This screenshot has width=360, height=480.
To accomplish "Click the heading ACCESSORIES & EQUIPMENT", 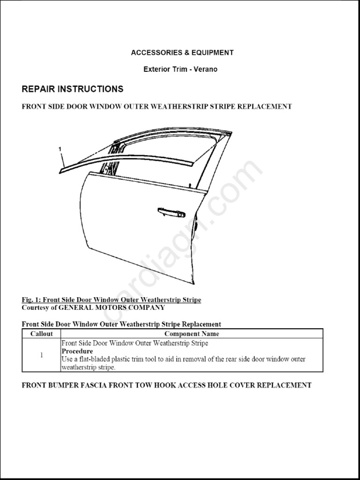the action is click(182, 52).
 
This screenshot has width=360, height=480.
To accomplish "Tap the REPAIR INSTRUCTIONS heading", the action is click(73, 89).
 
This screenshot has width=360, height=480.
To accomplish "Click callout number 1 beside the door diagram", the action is click(60, 149).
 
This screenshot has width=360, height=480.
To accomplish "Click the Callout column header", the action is click(41, 334).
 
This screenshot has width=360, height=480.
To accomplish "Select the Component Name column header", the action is click(192, 334).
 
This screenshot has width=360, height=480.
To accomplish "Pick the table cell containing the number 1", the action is click(41, 355).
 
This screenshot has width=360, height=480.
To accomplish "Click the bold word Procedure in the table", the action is click(77, 351).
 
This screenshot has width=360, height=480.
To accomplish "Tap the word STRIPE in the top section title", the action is click(219, 106).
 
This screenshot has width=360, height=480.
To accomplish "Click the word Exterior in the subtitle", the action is click(157, 69).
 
